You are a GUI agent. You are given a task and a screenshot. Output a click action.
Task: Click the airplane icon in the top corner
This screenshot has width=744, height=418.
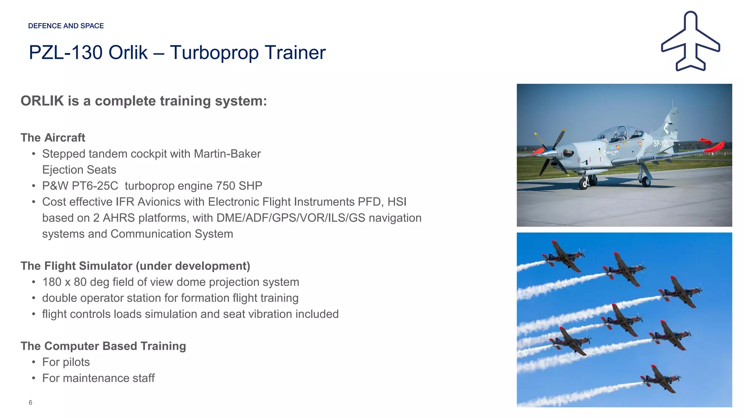pos(690,42)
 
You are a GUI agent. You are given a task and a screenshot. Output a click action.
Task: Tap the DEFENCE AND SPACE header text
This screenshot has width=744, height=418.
pos(66,26)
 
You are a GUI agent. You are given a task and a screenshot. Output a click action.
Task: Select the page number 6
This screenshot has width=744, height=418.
pos(31,402)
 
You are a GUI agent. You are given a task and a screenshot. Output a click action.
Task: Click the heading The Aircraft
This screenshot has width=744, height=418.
pos(53,138)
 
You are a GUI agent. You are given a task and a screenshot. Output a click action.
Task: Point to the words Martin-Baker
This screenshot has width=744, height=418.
pos(227,154)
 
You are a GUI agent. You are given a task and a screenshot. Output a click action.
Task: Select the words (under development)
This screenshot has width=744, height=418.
pos(193,266)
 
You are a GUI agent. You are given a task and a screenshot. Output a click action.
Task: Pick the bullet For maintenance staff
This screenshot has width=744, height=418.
pos(98,378)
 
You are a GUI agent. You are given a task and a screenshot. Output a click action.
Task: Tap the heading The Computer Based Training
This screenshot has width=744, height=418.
pos(103,346)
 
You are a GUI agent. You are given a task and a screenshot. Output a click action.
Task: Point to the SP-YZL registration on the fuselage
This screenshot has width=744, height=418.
pos(661,144)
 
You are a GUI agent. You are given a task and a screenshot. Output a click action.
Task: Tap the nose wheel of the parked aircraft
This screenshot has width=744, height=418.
pos(584,184)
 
